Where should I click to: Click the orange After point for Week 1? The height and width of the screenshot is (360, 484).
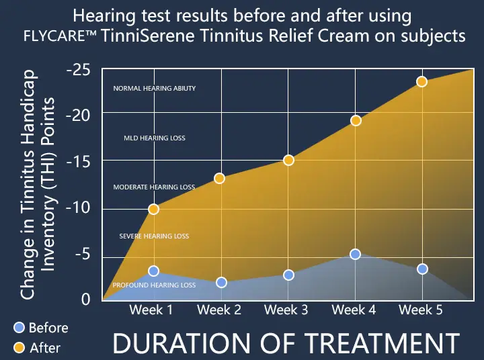153,209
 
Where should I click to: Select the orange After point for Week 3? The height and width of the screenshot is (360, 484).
288,160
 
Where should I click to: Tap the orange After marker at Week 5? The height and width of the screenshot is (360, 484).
421,81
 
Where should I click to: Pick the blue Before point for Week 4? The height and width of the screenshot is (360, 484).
355,254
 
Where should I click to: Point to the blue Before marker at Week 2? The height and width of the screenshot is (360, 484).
221,283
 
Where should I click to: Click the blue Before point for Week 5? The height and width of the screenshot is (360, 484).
422,269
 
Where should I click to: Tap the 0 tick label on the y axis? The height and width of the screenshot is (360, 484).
85,300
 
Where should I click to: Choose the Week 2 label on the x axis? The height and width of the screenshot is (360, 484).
218,310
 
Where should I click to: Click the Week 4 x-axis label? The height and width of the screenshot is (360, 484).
354,310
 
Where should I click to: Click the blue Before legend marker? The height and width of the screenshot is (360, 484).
19,327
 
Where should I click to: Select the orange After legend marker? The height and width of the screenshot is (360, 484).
19,347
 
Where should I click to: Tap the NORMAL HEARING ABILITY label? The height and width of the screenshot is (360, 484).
154,89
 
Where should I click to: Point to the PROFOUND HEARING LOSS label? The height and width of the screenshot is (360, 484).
154,285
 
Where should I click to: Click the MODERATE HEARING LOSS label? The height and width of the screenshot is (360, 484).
154,187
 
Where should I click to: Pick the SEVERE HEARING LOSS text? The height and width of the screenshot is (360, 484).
154,236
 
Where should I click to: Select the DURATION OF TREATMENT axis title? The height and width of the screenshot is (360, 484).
286,343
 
